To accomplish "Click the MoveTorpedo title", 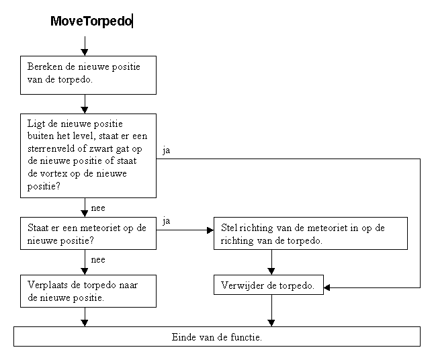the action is pyautogui.click(x=91, y=21).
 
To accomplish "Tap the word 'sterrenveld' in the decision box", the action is pyautogui.click(x=51, y=148).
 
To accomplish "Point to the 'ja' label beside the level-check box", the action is pyautogui.click(x=167, y=151).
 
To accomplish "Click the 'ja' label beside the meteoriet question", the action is pyautogui.click(x=167, y=221).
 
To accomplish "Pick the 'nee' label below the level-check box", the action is pyautogui.click(x=98, y=208).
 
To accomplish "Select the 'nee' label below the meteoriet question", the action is pyautogui.click(x=98, y=260).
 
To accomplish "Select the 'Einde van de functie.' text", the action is pyautogui.click(x=217, y=337).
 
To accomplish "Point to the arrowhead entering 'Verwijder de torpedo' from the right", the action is pyautogui.click(x=327, y=287).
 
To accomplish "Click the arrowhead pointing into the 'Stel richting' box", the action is pyautogui.click(x=210, y=230).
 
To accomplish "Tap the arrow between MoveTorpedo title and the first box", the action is pyautogui.click(x=85, y=46).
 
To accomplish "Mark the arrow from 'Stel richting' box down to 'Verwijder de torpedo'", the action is pyautogui.click(x=271, y=262).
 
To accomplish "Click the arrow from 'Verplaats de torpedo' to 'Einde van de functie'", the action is pyautogui.click(x=85, y=317).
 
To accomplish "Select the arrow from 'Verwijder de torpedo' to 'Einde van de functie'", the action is pyautogui.click(x=271, y=310).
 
